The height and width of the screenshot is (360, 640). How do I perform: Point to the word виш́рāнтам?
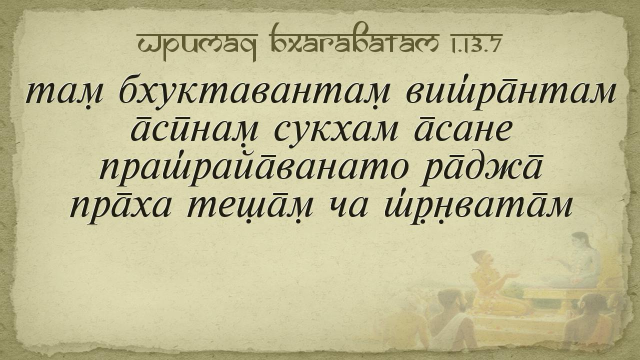tap(511, 92)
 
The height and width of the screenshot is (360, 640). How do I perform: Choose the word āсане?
tap(463, 131)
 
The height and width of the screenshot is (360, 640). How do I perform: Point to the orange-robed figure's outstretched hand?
tap(511, 275)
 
